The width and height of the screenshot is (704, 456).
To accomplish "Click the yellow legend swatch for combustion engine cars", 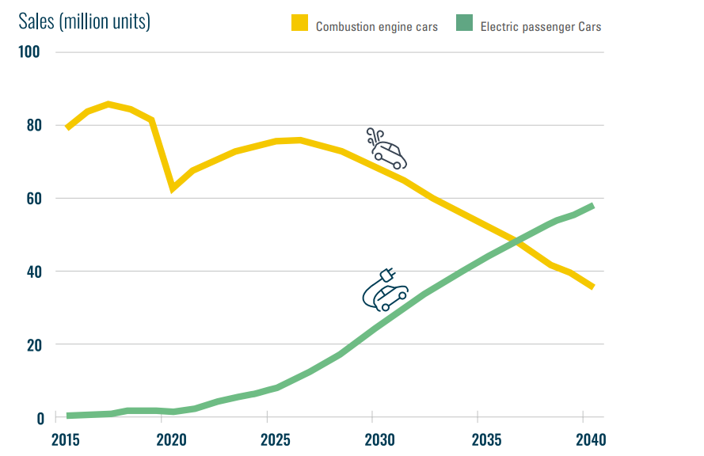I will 300,25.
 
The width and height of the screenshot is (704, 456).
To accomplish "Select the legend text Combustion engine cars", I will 376,26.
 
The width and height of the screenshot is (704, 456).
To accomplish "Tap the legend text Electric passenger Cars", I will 541,26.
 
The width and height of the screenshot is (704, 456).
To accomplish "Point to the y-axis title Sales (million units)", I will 84,21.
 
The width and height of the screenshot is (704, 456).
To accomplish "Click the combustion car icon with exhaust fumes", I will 387,149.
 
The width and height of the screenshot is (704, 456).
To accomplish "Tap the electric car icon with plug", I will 385,290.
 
